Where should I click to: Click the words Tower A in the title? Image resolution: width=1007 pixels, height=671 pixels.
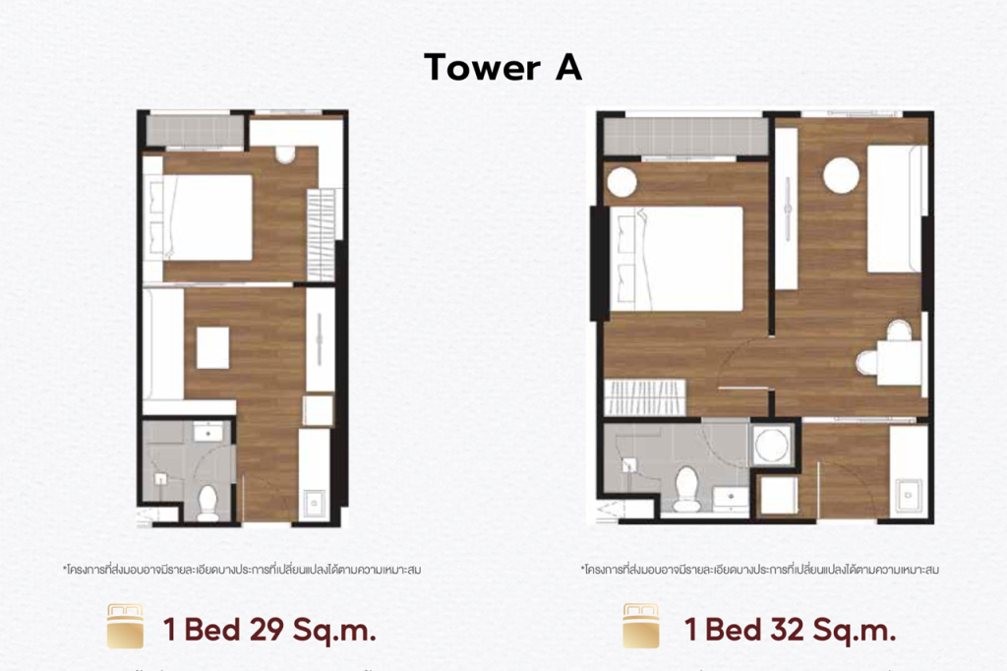click(503, 67)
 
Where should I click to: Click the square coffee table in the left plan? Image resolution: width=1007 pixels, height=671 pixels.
click(211, 347)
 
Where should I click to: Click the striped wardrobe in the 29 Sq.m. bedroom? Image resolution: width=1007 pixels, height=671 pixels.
click(321, 234)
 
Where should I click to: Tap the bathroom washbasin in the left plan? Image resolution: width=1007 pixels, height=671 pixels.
click(207, 433)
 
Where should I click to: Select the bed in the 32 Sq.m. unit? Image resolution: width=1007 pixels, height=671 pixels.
click(677, 259)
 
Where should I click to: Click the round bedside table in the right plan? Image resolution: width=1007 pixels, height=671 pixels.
click(622, 182)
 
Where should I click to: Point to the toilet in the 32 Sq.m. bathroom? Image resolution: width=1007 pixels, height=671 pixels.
click(685, 488)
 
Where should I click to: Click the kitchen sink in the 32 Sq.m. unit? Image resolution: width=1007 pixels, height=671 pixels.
click(908, 491)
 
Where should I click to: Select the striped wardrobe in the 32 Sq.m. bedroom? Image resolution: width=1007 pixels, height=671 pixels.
click(645, 398)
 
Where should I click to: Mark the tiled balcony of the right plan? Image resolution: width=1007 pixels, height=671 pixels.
click(684, 136)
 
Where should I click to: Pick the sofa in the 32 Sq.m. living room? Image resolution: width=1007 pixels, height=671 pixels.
click(896, 209)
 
